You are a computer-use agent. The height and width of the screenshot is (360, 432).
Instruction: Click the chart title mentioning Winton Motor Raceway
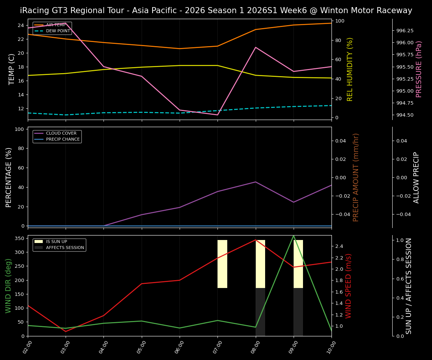[216, 10]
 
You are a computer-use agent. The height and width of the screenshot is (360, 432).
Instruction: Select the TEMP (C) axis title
[12, 69]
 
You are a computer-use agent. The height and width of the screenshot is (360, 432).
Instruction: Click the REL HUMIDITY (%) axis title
[350, 69]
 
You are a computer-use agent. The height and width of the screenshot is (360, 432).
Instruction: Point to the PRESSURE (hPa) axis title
[419, 69]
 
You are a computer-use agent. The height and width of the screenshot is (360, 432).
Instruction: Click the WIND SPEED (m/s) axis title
[348, 286]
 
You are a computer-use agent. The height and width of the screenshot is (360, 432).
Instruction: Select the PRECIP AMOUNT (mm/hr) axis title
[356, 177]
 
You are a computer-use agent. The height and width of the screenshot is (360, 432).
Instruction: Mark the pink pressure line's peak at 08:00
[256, 47]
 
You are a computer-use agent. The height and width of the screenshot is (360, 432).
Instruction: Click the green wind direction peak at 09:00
[294, 235]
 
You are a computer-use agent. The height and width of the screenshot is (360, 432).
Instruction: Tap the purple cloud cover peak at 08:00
[256, 182]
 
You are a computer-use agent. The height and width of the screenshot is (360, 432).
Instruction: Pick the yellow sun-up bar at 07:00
[222, 264]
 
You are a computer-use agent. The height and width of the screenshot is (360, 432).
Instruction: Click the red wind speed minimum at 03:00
[66, 331]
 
